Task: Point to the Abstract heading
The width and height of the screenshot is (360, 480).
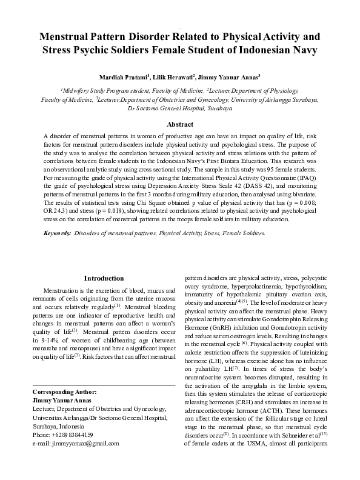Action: coord(180,124)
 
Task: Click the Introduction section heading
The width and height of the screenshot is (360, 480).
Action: coord(104,278)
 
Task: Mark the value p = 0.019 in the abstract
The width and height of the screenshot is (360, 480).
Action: coord(133,213)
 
